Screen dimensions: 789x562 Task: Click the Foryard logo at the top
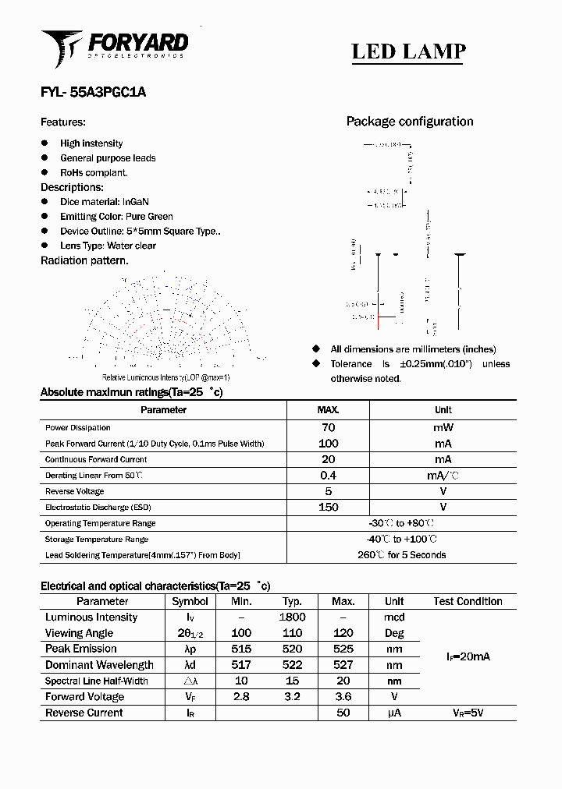(x=114, y=47)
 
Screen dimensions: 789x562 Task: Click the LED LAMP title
(x=408, y=51)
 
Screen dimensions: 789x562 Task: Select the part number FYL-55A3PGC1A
(x=93, y=92)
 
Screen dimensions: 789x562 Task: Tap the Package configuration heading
(x=409, y=122)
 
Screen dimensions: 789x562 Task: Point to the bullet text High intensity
(x=91, y=143)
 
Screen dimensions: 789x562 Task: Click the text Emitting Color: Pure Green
(x=116, y=217)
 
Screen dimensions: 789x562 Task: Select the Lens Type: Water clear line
(x=108, y=246)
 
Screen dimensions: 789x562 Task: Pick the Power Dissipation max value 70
(x=328, y=427)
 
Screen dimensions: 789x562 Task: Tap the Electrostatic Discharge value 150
(x=329, y=508)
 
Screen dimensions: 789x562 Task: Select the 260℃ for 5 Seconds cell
(x=401, y=555)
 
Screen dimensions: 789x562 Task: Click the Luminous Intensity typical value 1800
(x=292, y=617)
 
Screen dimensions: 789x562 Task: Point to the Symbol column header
(x=190, y=601)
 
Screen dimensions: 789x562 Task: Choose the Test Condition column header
(x=468, y=601)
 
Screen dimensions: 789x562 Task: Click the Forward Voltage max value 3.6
(x=343, y=697)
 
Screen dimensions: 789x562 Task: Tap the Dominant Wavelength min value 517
(x=241, y=665)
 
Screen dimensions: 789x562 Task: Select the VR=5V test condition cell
(x=468, y=713)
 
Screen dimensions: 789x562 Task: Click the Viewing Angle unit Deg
(x=394, y=633)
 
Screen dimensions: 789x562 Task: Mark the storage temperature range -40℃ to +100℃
(x=401, y=540)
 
